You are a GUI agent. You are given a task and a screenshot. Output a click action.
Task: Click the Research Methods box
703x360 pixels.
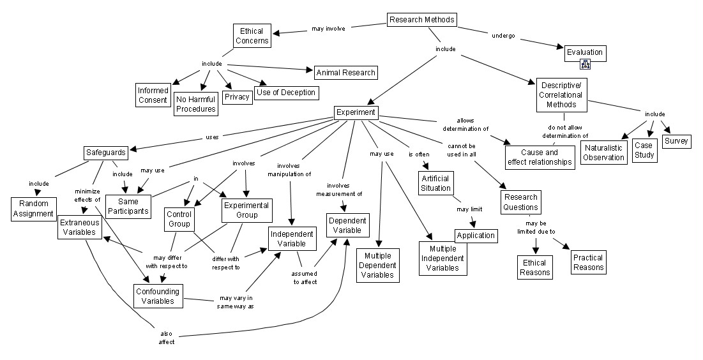pos(422,20)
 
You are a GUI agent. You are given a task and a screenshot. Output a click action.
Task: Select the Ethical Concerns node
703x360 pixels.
pos(252,36)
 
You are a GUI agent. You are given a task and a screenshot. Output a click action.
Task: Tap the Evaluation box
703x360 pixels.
pos(584,52)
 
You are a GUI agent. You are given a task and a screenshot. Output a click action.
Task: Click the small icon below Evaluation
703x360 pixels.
pos(585,64)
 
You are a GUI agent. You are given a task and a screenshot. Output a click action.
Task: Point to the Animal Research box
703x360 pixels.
pos(345,72)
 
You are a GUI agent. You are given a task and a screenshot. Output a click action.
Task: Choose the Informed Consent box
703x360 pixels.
pos(153,95)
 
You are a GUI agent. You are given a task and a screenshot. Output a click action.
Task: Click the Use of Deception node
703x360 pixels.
pos(286,93)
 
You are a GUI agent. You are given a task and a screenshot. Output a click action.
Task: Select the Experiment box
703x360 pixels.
pos(356,113)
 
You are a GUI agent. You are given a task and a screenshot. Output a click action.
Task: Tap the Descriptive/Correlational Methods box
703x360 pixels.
pos(561,94)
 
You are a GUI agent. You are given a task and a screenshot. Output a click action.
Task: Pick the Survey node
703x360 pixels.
pos(676,141)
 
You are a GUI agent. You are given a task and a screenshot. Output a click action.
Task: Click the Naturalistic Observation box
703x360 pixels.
pos(604,153)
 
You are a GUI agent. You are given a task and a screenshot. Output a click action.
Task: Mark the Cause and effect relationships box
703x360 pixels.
pos(540,157)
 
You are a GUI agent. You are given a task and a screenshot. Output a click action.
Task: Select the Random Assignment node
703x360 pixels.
pos(33,209)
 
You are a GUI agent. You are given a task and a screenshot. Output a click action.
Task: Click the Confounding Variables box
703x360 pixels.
pos(158,296)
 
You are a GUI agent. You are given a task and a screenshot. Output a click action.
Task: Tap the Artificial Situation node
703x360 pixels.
pos(435,183)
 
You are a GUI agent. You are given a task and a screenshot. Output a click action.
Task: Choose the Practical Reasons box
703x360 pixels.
pos(588,262)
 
